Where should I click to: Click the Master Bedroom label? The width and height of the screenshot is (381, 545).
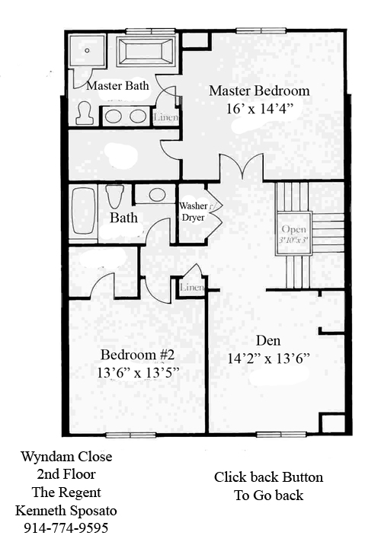[x=259, y=91]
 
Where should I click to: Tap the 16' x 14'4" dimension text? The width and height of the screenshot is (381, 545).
[x=258, y=109]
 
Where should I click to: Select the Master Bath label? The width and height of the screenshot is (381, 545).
[x=117, y=85]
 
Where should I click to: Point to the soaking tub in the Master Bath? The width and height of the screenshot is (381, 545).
[x=146, y=52]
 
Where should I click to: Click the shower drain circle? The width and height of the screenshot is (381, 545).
[x=87, y=50]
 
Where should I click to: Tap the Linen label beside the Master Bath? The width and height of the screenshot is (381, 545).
[x=166, y=117]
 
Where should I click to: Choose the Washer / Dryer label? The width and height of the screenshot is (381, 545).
[x=194, y=212]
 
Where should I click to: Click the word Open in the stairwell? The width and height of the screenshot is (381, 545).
[x=294, y=229]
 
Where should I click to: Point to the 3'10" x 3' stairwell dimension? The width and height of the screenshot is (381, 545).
[x=294, y=241]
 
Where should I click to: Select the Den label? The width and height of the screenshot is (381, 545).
[x=268, y=340]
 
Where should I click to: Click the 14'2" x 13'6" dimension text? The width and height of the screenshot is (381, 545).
[x=269, y=358]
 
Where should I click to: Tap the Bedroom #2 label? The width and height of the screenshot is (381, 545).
[x=137, y=355]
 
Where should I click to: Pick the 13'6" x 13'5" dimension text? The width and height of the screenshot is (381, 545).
[x=138, y=373]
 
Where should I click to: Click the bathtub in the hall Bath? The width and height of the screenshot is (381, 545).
[x=83, y=211]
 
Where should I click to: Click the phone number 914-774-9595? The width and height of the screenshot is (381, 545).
[x=66, y=528]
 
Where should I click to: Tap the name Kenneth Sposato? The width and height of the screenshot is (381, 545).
[x=66, y=511]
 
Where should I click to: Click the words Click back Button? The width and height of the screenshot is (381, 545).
[x=269, y=476]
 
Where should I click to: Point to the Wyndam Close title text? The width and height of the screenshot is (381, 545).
[x=66, y=457]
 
